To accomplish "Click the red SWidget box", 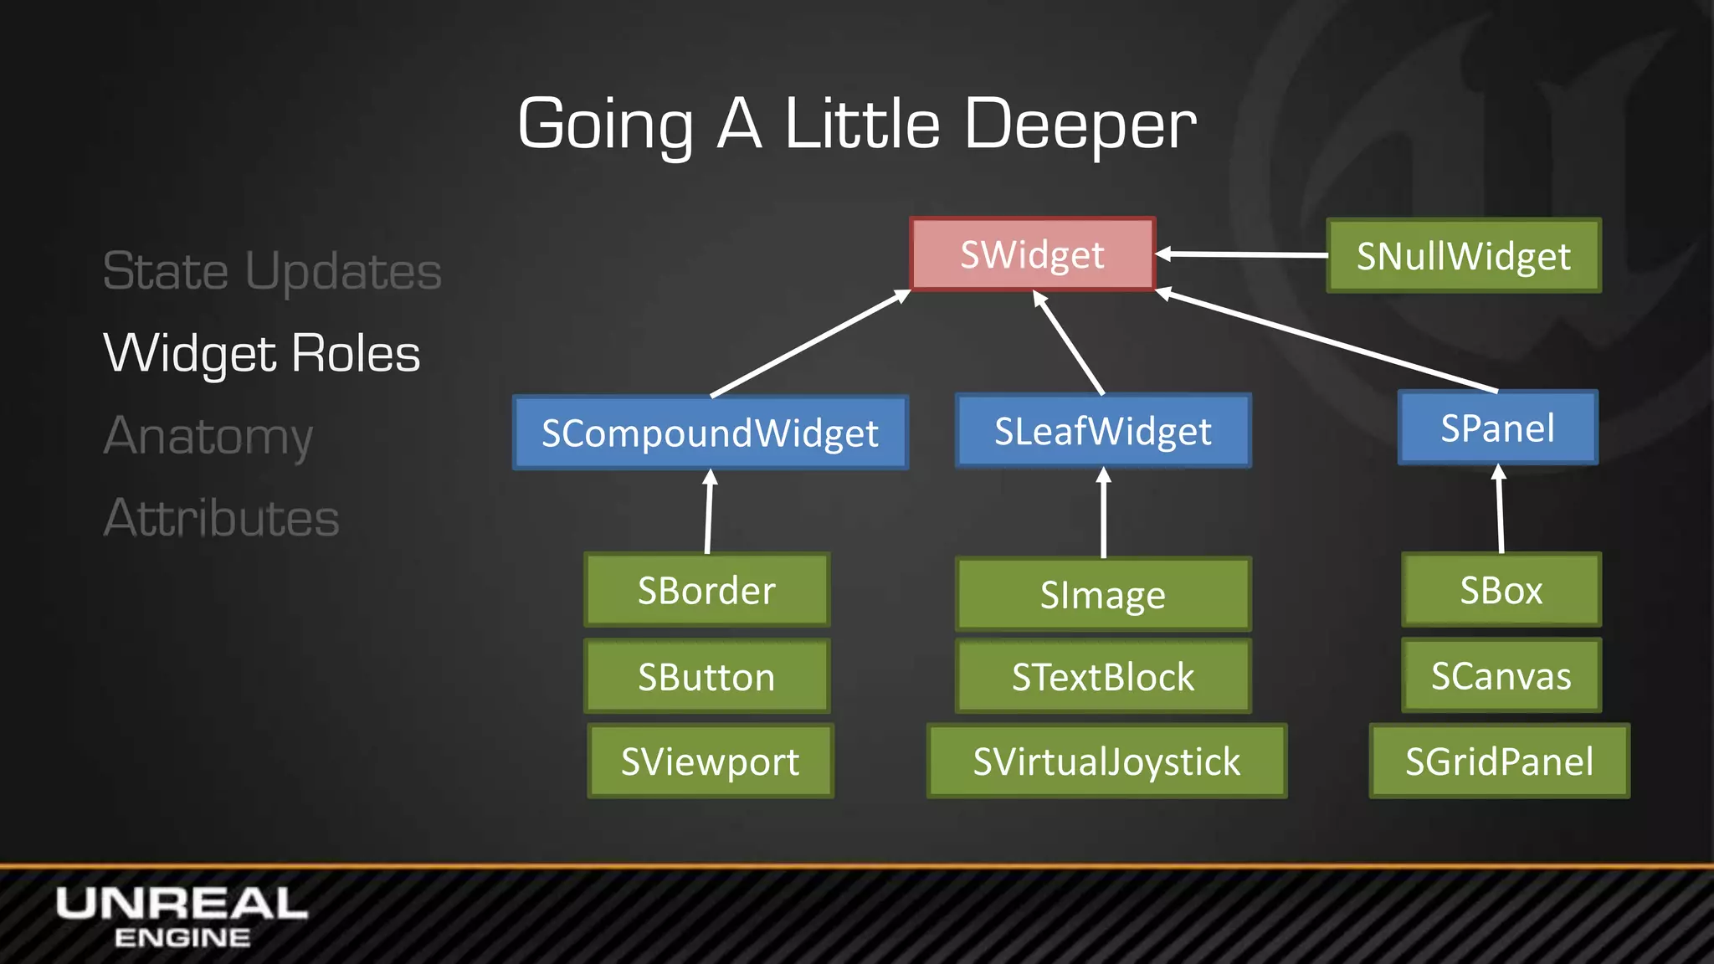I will pyautogui.click(x=1033, y=254).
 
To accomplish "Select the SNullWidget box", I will pyautogui.click(x=1464, y=256).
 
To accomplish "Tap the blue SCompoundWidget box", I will pyautogui.click(x=710, y=433).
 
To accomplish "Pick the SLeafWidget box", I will pyautogui.click(x=1103, y=431).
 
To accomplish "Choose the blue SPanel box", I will pyautogui.click(x=1497, y=428).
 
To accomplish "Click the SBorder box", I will pyautogui.click(x=706, y=590).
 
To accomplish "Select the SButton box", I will pyautogui.click(x=706, y=676).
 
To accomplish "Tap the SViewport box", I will pyautogui.click(x=710, y=761).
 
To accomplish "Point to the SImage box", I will pyautogui.click(x=1103, y=595).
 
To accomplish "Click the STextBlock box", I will pyautogui.click(x=1103, y=676).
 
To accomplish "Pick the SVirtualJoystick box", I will pyautogui.click(x=1106, y=761).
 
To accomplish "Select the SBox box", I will pyautogui.click(x=1501, y=590).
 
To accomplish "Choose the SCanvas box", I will pyautogui.click(x=1501, y=675).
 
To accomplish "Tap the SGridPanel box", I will pyautogui.click(x=1499, y=761).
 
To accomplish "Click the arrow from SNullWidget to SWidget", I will pyautogui.click(x=1242, y=254).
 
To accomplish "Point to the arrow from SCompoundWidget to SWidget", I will pyautogui.click(x=810, y=343).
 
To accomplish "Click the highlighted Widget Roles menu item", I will pyautogui.click(x=261, y=353).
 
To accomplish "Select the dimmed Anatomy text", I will pyautogui.click(x=208, y=436).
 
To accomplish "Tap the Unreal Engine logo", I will pyautogui.click(x=182, y=917).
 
